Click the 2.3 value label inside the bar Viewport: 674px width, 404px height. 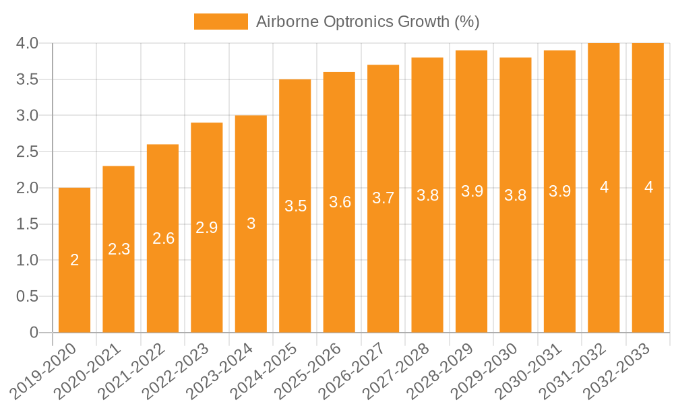coord(119,249)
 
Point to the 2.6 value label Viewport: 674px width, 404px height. coord(163,238)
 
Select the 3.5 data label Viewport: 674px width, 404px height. coord(295,206)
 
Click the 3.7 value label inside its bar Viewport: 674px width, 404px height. coord(384,199)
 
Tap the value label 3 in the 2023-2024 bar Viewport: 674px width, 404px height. coord(251,224)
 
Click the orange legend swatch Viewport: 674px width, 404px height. coord(220,22)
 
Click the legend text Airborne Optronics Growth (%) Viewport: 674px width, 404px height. coord(367,22)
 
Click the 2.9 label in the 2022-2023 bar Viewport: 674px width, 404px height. coord(207,228)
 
